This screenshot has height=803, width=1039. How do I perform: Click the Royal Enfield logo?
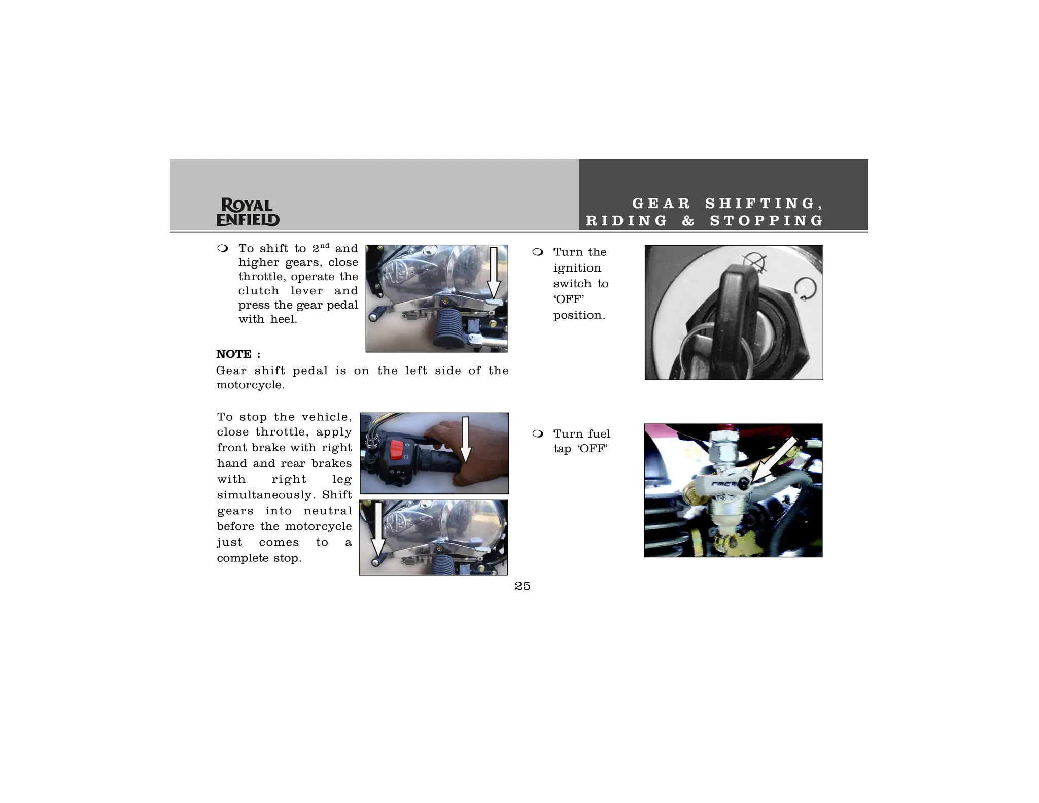[x=248, y=212]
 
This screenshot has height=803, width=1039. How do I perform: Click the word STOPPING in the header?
[x=767, y=221]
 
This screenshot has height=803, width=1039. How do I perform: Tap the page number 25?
[x=522, y=586]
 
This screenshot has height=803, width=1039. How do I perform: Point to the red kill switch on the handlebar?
[x=396, y=450]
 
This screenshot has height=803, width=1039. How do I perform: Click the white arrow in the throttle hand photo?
[x=465, y=440]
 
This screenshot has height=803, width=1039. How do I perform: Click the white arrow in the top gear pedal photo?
[x=493, y=274]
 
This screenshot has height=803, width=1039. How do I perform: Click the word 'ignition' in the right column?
[x=577, y=268]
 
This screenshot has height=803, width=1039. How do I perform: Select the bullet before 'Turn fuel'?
[x=538, y=434]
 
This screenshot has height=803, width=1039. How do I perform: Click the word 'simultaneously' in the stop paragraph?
[x=264, y=495]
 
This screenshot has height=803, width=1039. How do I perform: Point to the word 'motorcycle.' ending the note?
[x=250, y=385]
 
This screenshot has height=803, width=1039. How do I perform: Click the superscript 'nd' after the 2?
[x=325, y=246]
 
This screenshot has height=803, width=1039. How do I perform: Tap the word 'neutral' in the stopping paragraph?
[x=327, y=511]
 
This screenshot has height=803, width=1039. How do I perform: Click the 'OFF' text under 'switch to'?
[x=568, y=299]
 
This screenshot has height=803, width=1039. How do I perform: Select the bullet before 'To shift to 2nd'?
[x=222, y=248]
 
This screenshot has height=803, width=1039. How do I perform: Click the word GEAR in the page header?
[x=661, y=204]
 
